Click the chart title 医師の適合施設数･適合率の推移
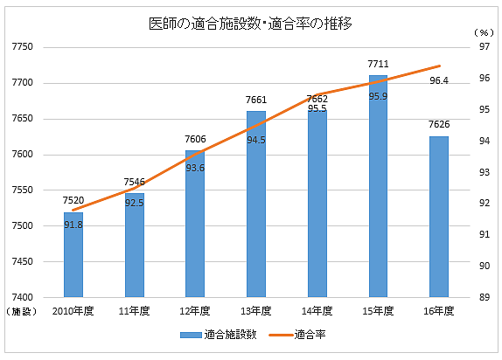coord(251,24)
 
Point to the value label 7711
coord(378,65)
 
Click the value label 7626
coord(439,126)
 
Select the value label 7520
coord(73,201)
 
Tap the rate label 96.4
coord(439,80)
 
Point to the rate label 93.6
coord(195,167)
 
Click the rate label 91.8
coord(73,225)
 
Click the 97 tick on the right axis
coord(484,47)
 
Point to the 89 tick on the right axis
coord(484,297)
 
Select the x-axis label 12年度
coord(195,311)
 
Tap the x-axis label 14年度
coord(317,311)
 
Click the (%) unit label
coord(484,32)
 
